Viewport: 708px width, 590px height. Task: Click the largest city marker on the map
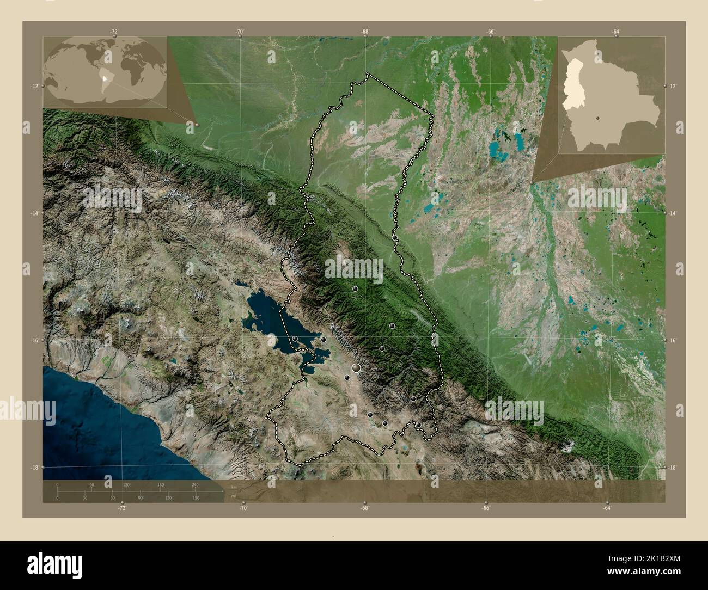[356, 368]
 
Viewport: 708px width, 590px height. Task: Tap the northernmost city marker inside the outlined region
[394, 237]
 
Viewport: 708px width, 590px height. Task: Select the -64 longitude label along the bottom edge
[606, 508]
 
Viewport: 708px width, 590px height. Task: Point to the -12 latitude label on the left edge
[34, 86]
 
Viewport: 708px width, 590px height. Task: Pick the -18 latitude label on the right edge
[673, 468]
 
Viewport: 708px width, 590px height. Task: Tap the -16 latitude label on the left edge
[34, 340]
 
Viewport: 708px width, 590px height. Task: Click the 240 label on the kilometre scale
[195, 484]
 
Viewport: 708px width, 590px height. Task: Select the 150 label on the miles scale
[195, 498]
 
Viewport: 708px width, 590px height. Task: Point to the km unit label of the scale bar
[234, 487]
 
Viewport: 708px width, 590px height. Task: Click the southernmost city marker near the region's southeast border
[418, 425]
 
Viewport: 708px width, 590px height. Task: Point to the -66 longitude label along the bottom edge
[486, 508]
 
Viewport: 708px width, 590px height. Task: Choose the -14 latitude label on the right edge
[673, 214]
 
